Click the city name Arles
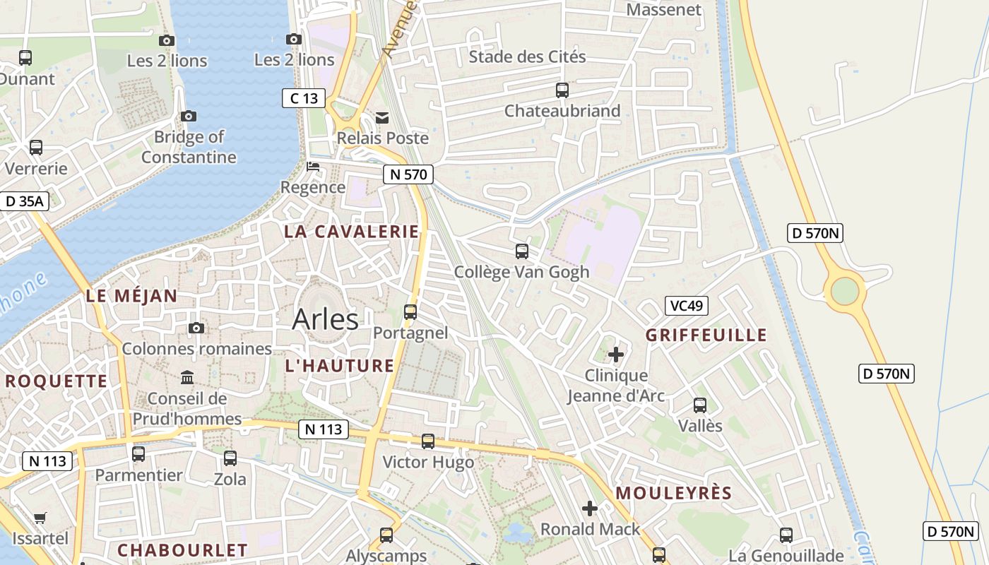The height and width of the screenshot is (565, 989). (x=325, y=319)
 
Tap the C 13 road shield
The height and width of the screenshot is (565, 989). (x=304, y=98)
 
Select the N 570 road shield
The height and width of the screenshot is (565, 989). (x=408, y=174)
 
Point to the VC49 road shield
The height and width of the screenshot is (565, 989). (x=686, y=306)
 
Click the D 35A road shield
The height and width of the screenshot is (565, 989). (x=24, y=201)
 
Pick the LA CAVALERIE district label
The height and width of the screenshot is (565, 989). (x=351, y=232)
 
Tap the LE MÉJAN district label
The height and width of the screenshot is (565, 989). (x=131, y=296)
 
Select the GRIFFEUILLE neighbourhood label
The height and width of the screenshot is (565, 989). (x=706, y=335)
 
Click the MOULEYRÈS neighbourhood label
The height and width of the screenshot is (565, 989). (x=673, y=493)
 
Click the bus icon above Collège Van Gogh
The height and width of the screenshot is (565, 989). (x=521, y=251)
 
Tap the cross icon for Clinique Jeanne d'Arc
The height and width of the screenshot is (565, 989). (x=616, y=354)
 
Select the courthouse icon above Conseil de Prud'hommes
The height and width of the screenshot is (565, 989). (x=187, y=378)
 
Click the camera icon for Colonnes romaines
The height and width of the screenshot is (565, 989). (x=196, y=328)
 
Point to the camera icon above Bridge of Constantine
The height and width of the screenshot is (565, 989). (x=188, y=116)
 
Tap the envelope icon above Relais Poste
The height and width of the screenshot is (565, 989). (x=382, y=117)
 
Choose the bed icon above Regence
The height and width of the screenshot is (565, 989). (x=313, y=167)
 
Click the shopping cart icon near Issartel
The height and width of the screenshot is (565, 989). (x=40, y=518)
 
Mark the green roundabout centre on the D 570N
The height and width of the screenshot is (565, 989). (x=844, y=291)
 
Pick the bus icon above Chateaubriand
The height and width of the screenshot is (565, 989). (x=562, y=90)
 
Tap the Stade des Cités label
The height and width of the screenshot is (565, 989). (x=527, y=56)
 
